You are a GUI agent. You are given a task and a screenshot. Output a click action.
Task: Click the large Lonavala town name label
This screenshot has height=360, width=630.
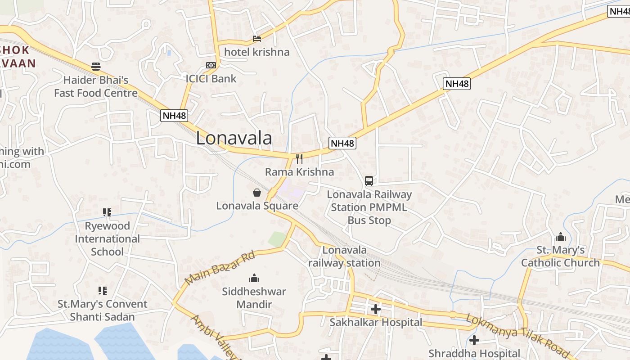tap(234, 138)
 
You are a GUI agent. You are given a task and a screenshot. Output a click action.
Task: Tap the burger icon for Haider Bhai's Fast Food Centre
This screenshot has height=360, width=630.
tap(96, 67)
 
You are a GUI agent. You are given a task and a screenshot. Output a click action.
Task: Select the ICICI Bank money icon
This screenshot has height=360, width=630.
tap(211, 65)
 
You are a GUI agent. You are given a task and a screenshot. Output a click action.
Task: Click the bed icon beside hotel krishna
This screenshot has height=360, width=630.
tap(257, 39)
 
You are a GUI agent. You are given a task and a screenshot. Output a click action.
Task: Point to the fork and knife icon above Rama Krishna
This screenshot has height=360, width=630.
tap(299, 158)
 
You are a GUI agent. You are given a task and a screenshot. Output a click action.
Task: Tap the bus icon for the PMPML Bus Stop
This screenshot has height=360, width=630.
tap(369, 181)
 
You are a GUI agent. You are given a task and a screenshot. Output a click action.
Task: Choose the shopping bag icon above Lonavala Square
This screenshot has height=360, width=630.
tap(257, 193)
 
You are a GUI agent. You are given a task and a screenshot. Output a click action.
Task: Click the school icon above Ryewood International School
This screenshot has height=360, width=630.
tap(107, 212)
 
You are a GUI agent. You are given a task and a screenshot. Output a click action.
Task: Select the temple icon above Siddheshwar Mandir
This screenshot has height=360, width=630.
tap(254, 278)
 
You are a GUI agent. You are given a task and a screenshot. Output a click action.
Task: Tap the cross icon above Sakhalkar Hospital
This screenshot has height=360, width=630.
tap(375, 309)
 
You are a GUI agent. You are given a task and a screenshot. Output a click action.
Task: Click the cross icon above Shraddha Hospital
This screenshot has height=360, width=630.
tap(474, 340)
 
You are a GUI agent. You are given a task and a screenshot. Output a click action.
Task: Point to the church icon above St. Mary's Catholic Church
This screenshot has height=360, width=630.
tap(560, 237)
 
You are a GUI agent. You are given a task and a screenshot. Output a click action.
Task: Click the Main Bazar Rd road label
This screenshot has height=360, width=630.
tap(220, 268)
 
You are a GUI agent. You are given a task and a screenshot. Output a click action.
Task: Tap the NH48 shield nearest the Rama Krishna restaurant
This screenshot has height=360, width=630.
tap(342, 143)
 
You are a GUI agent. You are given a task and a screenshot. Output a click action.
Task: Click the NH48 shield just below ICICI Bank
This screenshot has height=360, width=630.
tap(174, 116)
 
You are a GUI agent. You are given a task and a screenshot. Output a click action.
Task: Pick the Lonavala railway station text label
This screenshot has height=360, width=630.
tap(345, 256)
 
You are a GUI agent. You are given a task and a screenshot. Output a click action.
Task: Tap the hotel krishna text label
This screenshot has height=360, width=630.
tap(257, 52)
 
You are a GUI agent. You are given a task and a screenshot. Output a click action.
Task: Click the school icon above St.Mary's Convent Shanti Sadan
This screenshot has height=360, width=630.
tap(102, 291)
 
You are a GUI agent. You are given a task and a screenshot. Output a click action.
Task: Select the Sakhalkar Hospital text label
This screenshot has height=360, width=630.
tap(376, 322)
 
